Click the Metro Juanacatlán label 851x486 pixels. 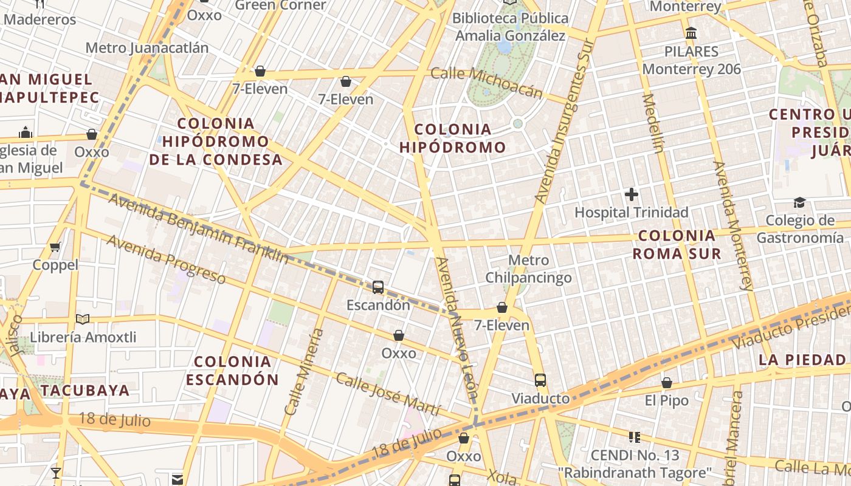pyautogui.click(x=147, y=48)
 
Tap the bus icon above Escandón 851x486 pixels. pyautogui.click(x=378, y=287)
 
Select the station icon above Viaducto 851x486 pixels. pyautogui.click(x=540, y=381)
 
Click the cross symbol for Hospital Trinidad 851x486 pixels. pyautogui.click(x=632, y=195)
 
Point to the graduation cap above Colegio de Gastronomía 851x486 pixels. pyautogui.click(x=799, y=203)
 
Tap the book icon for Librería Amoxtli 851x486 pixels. pyautogui.click(x=83, y=320)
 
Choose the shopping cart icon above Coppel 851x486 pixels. pyautogui.click(x=55, y=247)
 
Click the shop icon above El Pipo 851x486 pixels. pyautogui.click(x=667, y=383)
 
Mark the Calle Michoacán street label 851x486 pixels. pyautogui.click(x=486, y=83)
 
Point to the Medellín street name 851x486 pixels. pyautogui.click(x=651, y=123)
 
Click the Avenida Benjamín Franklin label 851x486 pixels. pyautogui.click(x=198, y=228)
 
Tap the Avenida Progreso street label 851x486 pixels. pyautogui.click(x=166, y=259)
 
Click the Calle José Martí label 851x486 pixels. pyautogui.click(x=388, y=394)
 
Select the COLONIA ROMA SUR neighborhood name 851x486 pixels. pyautogui.click(x=677, y=244)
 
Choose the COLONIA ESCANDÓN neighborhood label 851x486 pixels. pyautogui.click(x=232, y=371)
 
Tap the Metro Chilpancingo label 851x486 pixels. pyautogui.click(x=528, y=269)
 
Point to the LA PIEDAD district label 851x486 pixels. pyautogui.click(x=802, y=360)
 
